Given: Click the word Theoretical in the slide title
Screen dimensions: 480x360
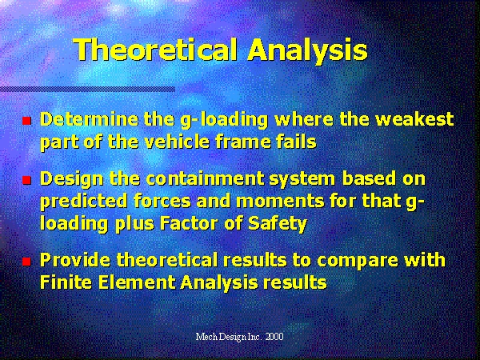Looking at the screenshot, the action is tap(156, 50).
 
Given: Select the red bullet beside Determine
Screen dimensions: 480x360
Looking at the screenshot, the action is tap(27, 121).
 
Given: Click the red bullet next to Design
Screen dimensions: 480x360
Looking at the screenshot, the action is tap(27, 180).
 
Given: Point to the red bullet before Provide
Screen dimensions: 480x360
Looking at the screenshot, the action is tap(27, 262).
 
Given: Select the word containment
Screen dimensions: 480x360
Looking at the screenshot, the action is tap(205, 178).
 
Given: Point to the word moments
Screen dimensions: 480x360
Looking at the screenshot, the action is tap(280, 202).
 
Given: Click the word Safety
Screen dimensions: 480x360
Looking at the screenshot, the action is tap(278, 224).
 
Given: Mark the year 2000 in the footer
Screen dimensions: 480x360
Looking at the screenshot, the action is tap(274, 337).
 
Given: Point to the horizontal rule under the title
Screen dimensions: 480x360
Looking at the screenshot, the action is tap(87, 90).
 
